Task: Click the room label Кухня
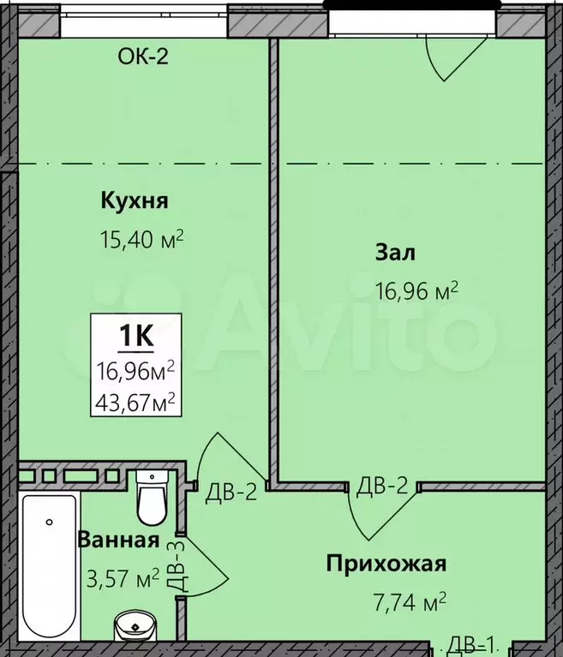click(135, 200)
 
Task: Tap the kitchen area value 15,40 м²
click(141, 239)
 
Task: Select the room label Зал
click(395, 253)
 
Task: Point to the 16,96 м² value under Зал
click(416, 290)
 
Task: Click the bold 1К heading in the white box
click(136, 335)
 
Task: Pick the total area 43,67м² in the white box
click(135, 403)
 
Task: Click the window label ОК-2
click(143, 57)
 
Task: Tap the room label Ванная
click(118, 540)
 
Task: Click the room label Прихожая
click(386, 564)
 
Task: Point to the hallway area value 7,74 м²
click(410, 602)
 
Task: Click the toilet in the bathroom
click(152, 498)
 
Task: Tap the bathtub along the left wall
click(50, 565)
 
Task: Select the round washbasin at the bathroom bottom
click(135, 626)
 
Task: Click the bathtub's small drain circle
click(50, 522)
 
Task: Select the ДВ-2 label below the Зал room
click(382, 486)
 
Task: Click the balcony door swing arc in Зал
click(432, 63)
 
